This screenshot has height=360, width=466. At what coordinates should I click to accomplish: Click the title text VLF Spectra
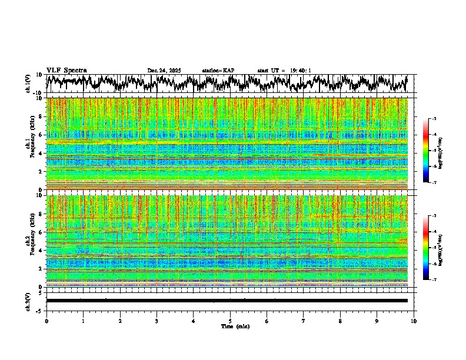click(66, 70)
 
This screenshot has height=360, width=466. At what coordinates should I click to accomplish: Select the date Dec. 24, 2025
click(164, 71)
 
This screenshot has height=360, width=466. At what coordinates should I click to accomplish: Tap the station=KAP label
click(218, 71)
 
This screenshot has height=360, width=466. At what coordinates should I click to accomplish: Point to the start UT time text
click(284, 71)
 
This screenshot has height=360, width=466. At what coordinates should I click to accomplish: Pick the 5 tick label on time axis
click(230, 321)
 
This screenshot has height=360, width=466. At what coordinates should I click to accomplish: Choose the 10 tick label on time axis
click(414, 321)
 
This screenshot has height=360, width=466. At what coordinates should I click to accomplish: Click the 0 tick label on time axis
click(46, 321)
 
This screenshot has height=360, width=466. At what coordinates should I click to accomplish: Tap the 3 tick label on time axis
click(157, 321)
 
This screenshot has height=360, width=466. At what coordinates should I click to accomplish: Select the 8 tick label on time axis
click(340, 321)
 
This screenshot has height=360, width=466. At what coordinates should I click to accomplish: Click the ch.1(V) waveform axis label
click(28, 84)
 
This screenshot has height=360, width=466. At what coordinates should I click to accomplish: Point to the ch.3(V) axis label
click(28, 301)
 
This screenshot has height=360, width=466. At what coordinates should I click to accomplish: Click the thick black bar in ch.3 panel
click(227, 301)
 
